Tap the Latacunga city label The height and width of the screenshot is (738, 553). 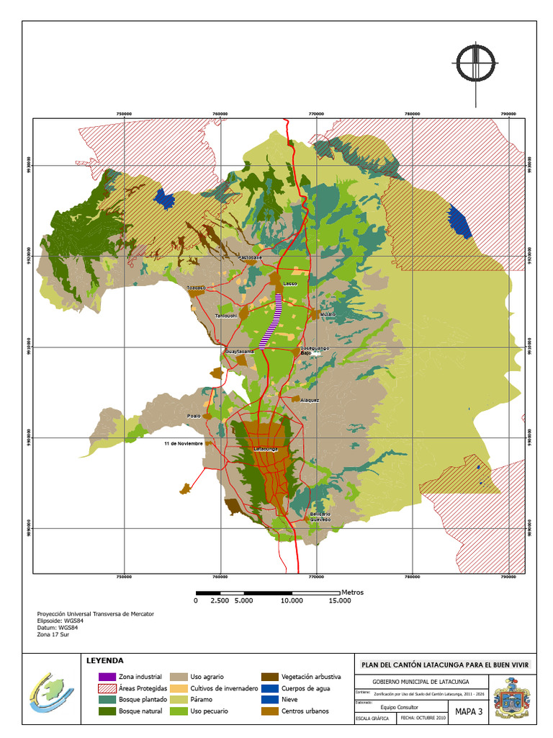pos(265,449)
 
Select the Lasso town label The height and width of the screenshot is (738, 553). pos(289,284)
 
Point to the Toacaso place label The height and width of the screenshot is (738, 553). pos(197,288)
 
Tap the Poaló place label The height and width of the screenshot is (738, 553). pos(194,416)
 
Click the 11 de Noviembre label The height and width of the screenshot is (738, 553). pos(183,443)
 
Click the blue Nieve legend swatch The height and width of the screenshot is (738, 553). pos(269,700)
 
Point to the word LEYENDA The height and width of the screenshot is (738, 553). pos(104,660)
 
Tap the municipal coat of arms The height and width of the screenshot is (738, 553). pos(514,698)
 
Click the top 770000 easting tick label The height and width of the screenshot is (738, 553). pos(316,113)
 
